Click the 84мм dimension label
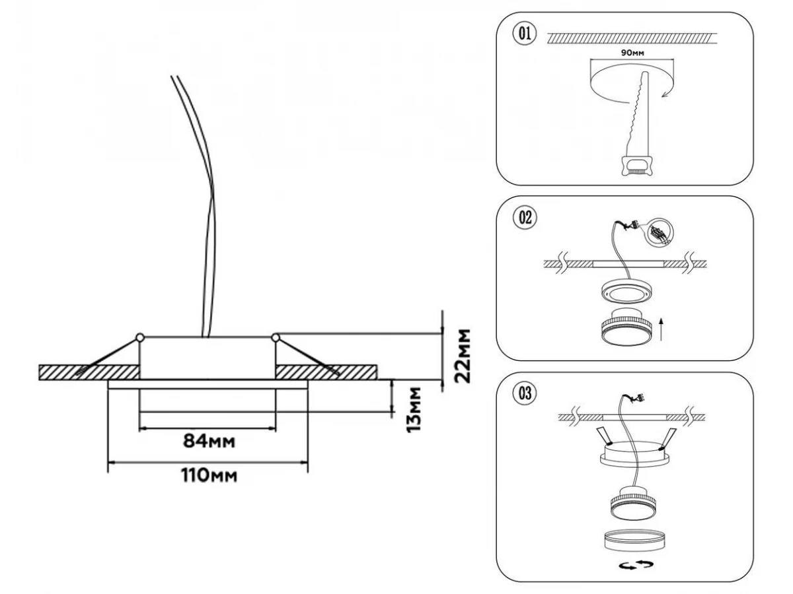pos(209,440)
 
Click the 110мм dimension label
pos(209,475)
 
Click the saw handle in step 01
pos(636,164)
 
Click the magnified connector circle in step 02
pos(660,232)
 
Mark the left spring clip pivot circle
pos(139,338)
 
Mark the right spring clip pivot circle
pos(275,339)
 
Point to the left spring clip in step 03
pos(603,435)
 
